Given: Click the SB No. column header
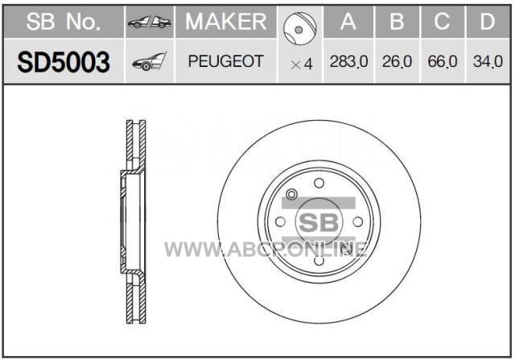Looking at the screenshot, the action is (x=64, y=22).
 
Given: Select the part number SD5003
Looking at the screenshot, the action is (x=64, y=62).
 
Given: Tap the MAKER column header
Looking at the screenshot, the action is (x=226, y=22).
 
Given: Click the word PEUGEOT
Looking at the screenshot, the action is (x=226, y=61).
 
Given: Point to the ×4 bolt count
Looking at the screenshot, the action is (x=301, y=64).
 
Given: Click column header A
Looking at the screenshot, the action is (x=348, y=22).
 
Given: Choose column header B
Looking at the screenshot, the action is (x=397, y=22).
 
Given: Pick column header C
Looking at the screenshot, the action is (x=442, y=22).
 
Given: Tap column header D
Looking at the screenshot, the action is (x=488, y=22).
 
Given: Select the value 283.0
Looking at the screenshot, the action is (x=348, y=61).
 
